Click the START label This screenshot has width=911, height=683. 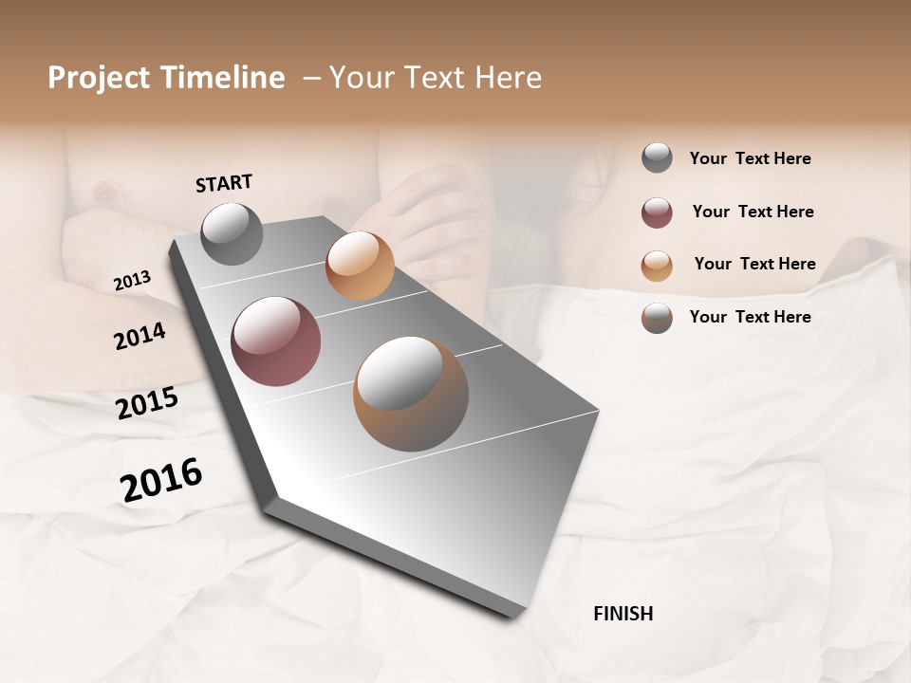pos(224,183)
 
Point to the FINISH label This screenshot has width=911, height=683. pos(623,614)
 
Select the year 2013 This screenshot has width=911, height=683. pos(132,281)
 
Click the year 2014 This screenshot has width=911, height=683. pos(139,337)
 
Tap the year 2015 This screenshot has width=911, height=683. pos(147,403)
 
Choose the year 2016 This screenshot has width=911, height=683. pos(161,480)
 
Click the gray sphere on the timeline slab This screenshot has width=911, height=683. pos(232,233)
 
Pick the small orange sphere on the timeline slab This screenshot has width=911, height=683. pos(360,266)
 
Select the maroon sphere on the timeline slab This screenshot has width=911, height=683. pos(276,341)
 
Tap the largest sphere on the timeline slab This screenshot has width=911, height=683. pos(411,394)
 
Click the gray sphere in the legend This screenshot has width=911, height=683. pos(657,157)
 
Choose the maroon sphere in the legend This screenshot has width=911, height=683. pos(657,212)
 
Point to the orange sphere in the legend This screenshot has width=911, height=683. pos(657,266)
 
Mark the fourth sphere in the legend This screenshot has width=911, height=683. pos(657,318)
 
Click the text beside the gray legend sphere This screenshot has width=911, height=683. pos(750,158)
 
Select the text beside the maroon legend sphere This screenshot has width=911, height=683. pos(753,212)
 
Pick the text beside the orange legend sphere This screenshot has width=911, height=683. pos(754,264)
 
